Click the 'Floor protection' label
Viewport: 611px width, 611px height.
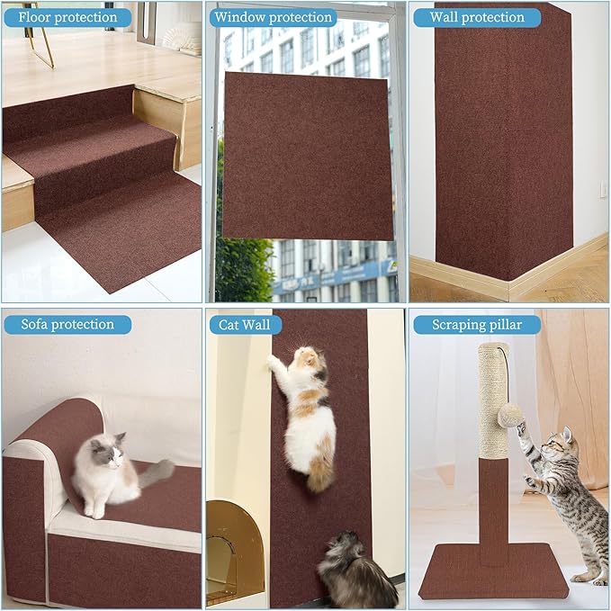pos(62,16)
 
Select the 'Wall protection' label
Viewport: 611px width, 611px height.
pos(476,16)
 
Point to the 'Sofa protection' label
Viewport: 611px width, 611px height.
pos(67,324)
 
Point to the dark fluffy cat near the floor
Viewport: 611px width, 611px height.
pos(355,571)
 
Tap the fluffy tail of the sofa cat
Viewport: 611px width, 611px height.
pos(157,471)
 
